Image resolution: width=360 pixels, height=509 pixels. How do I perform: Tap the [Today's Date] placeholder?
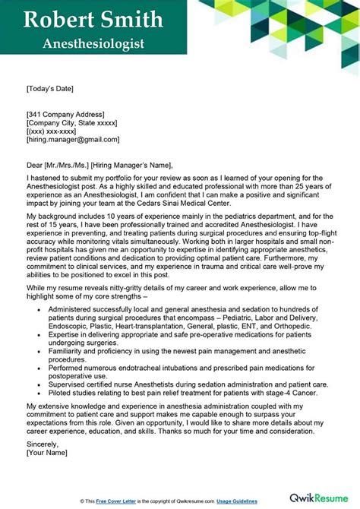click(x=54, y=88)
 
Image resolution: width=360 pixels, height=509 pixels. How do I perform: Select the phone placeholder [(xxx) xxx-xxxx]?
click(x=57, y=131)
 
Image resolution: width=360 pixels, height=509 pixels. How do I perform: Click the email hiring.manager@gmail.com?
click(x=73, y=140)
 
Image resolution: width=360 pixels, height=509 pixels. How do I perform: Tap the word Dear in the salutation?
click(x=36, y=165)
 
